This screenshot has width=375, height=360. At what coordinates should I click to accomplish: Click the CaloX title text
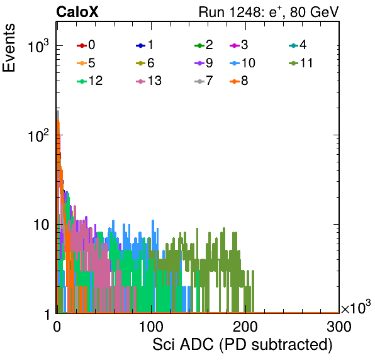pos(77,12)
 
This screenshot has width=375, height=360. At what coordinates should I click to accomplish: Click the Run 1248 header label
pos(269,12)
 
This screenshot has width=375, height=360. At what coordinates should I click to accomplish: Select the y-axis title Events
pos(9,48)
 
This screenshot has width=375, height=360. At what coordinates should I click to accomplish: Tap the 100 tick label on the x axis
pos(151,327)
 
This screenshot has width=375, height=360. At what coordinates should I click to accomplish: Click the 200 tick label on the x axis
pos(245,327)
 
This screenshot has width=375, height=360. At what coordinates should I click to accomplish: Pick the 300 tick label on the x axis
pos(339,327)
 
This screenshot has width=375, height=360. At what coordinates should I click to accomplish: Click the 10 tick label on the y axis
pos(42,225)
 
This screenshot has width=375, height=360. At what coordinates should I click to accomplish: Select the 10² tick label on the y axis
pos(38,135)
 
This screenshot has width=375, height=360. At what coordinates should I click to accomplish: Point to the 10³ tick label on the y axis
pos(38,45)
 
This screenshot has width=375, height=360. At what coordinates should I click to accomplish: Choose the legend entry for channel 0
pos(86,45)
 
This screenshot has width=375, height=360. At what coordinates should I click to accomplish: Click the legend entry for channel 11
pos(301,63)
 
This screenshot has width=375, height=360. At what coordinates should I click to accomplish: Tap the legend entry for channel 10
pos(242,63)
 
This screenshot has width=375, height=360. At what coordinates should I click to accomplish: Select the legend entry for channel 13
pos(148,81)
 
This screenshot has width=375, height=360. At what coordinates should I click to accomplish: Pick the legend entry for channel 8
pos(239,81)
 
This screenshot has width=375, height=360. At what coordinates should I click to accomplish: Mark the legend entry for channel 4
pos(298,45)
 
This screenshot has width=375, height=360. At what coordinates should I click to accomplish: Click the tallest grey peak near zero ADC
pos(58,111)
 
